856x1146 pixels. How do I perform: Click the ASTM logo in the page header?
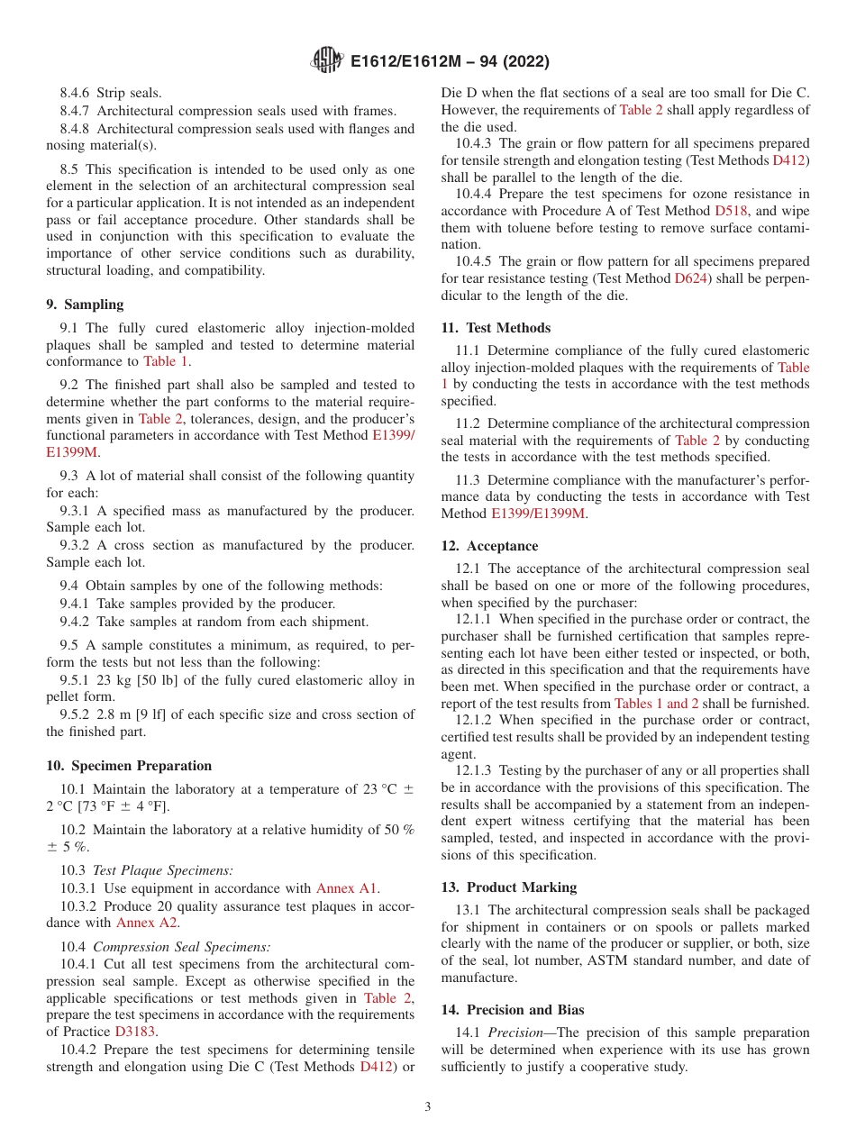tap(326, 61)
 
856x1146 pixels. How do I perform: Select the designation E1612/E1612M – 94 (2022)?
tap(450, 62)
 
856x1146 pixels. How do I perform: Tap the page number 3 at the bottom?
tap(428, 1106)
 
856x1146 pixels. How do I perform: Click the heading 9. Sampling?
tap(85, 305)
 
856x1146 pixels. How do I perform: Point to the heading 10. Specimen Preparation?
tap(129, 766)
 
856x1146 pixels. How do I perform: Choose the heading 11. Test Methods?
tap(496, 328)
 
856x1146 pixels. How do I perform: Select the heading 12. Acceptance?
tap(489, 546)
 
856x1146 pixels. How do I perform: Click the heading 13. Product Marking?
tap(508, 887)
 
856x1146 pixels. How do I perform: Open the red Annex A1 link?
tap(347, 888)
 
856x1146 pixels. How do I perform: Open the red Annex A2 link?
tap(147, 923)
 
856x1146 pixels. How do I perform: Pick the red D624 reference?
tap(693, 279)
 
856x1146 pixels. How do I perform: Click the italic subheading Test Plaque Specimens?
tap(163, 870)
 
